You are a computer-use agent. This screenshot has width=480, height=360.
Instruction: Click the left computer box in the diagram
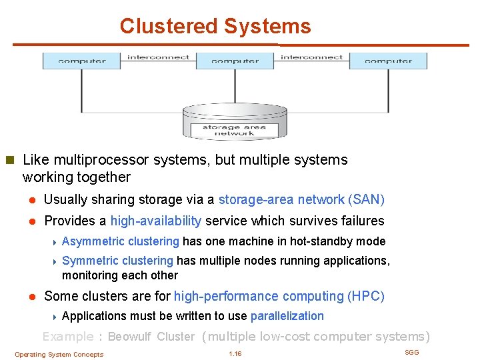tap(82, 61)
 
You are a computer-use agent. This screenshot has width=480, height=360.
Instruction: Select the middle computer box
tap(235, 61)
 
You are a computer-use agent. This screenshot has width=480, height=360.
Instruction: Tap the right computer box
tap(388, 61)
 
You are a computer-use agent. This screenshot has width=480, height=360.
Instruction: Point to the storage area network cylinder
tap(234, 121)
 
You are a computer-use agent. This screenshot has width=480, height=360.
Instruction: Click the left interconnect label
tap(158, 57)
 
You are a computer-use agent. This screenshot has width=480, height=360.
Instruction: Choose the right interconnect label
tap(311, 57)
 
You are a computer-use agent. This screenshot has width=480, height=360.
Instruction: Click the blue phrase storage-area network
tap(281, 199)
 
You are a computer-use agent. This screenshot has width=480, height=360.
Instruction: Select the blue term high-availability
tap(156, 221)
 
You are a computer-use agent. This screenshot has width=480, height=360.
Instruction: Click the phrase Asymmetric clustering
tap(120, 241)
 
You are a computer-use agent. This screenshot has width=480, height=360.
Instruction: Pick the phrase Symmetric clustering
tap(117, 261)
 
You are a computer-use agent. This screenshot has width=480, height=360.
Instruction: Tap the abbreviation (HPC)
tap(366, 296)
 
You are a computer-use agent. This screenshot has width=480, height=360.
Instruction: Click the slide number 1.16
tap(235, 353)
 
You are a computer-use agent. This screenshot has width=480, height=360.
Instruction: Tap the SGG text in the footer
tap(412, 352)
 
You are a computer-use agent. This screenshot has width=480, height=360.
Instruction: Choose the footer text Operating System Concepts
tap(59, 355)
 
